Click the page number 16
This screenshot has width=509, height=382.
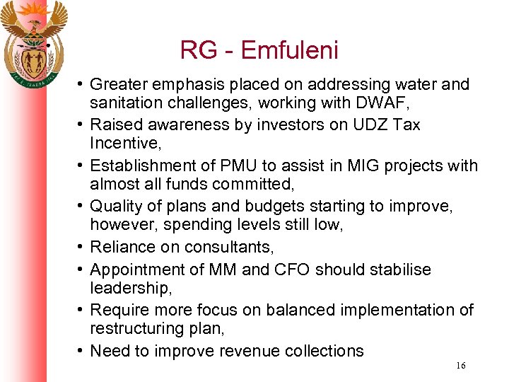(x=460, y=366)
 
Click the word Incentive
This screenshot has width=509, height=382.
(x=124, y=144)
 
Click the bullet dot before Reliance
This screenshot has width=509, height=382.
(x=81, y=248)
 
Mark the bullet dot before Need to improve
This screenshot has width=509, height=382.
(x=81, y=351)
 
